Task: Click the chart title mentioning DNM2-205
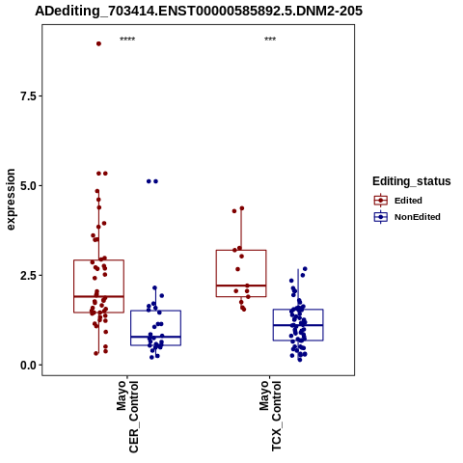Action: (199, 11)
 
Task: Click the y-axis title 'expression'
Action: (11, 200)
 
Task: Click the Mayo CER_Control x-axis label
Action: (127, 417)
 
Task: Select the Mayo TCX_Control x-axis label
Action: (270, 416)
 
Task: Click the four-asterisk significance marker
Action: (127, 40)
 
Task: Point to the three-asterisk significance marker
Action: (270, 40)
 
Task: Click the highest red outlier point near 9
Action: (98, 43)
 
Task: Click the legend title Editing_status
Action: (411, 181)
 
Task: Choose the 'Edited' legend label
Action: (408, 201)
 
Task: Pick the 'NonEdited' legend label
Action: (418, 217)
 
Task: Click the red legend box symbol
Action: (381, 201)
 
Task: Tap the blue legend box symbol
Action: (381, 217)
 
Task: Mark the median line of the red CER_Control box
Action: (98, 296)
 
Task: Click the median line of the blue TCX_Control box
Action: (298, 325)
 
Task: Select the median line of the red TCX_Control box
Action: (241, 286)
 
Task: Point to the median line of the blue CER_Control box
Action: (155, 337)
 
